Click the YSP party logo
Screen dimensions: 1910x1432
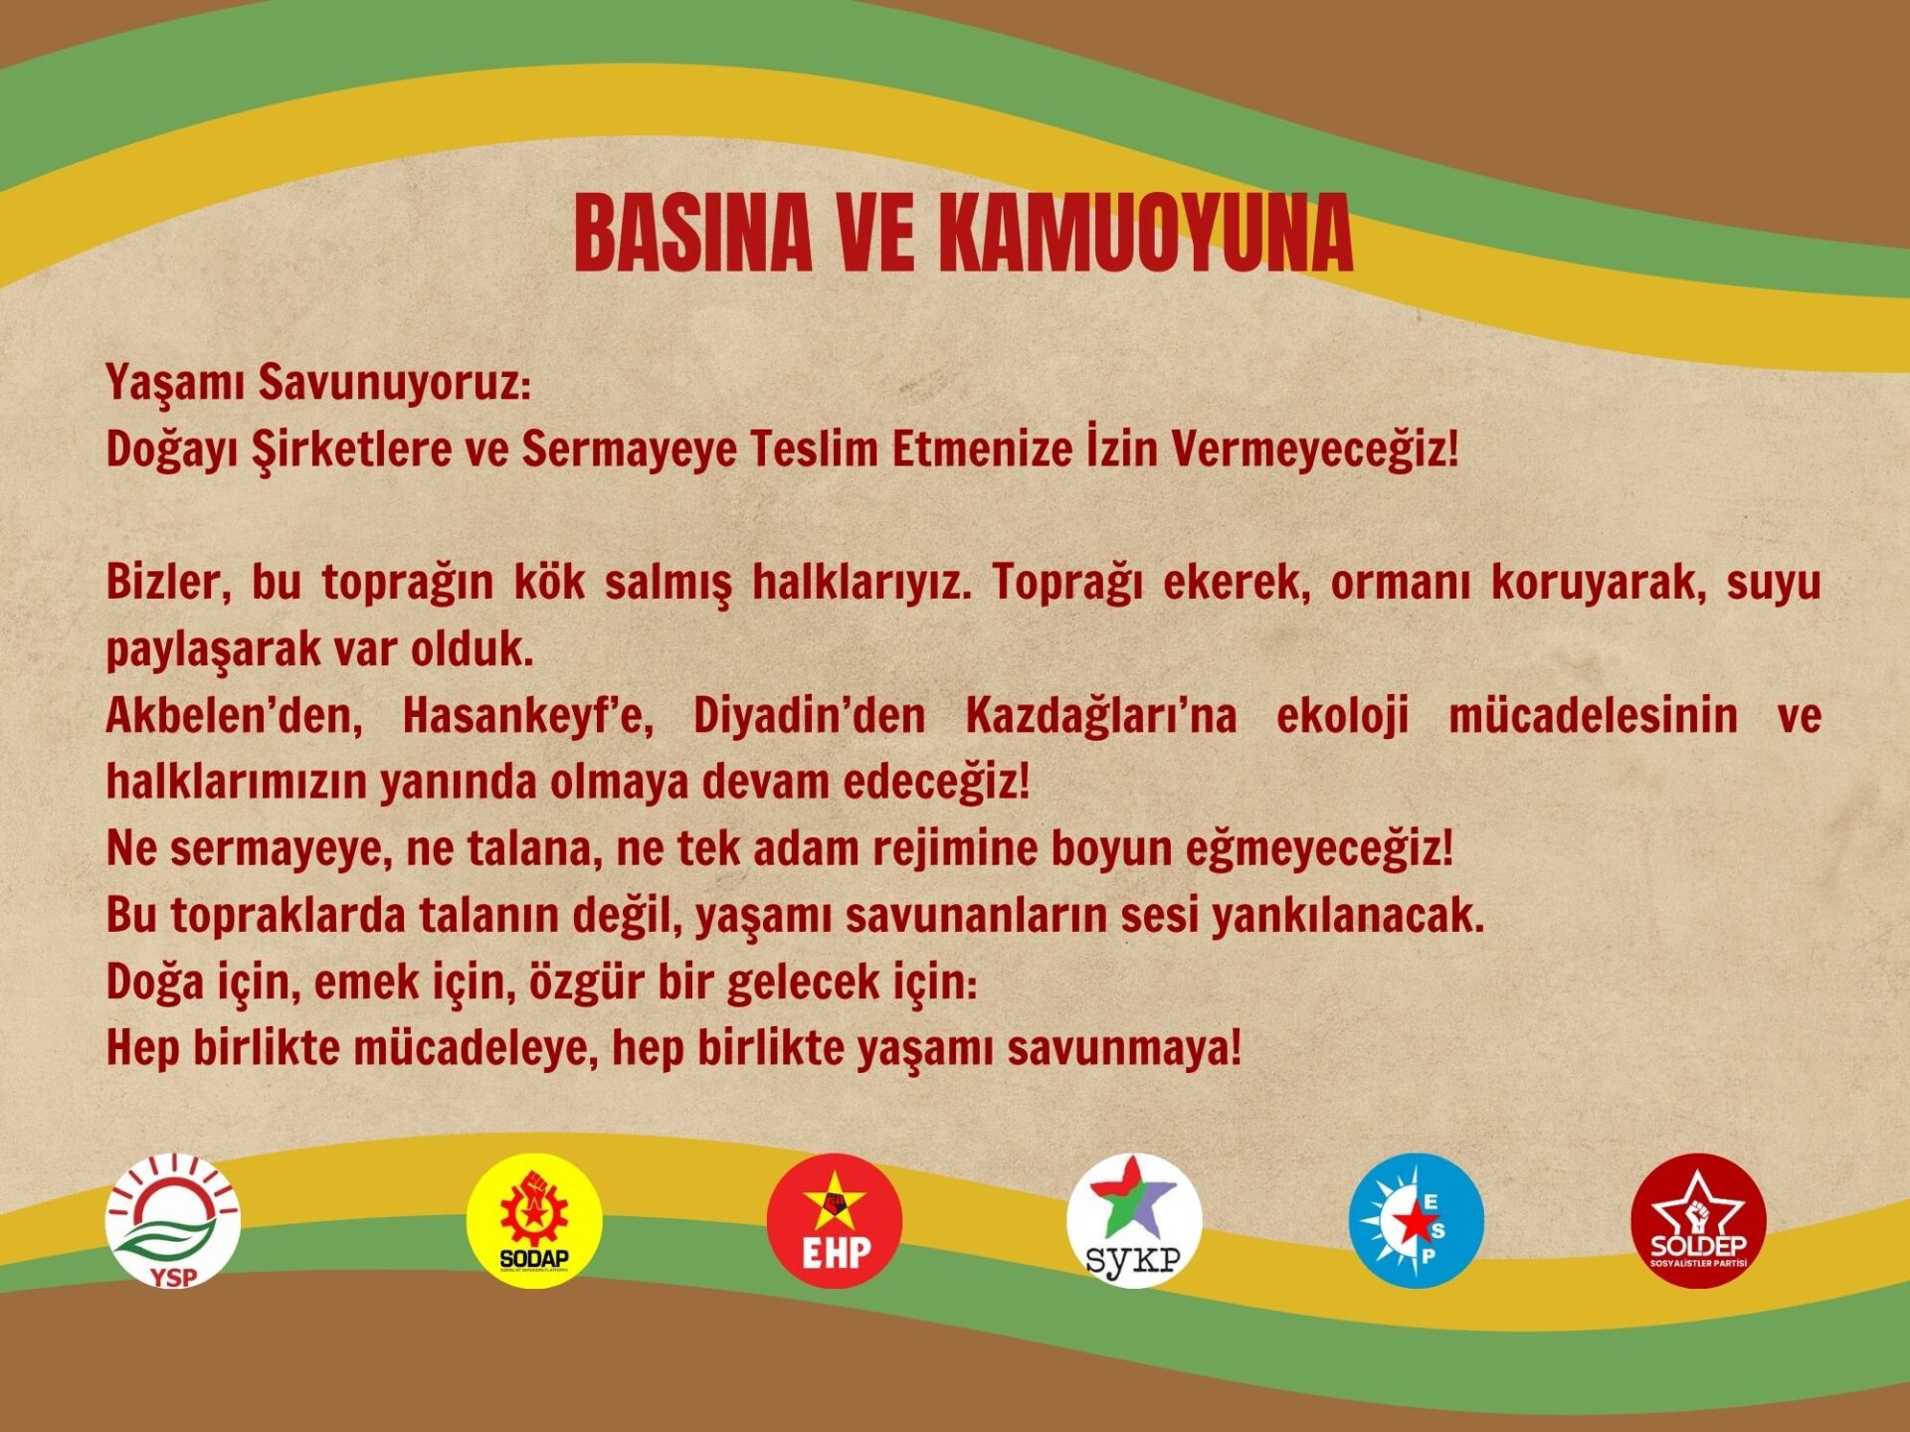[173, 1220]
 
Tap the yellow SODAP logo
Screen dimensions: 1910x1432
[534, 1220]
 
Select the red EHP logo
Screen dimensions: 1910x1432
[835, 1220]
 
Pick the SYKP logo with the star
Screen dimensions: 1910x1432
[1134, 1220]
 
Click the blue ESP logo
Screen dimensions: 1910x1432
[1416, 1220]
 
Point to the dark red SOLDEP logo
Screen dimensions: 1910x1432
[1698, 1220]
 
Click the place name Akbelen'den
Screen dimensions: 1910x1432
[235, 716]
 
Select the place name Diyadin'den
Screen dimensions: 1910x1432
[809, 716]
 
